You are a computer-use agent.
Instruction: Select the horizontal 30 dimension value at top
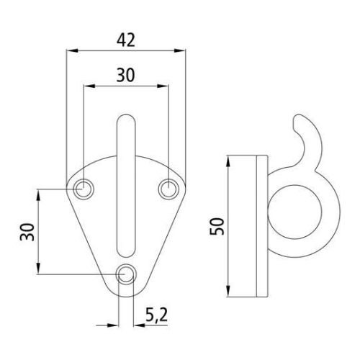[125, 74]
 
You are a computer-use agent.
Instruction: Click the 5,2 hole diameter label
[157, 314]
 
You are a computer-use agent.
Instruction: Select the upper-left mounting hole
[84, 189]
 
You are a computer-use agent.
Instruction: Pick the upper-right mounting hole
[168, 189]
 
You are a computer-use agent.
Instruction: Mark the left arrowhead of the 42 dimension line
[69, 50]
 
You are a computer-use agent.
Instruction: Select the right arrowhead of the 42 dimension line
[181, 50]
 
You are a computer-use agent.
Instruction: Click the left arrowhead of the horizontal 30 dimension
[87, 85]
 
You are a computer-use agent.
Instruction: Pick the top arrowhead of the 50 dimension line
[228, 158]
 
